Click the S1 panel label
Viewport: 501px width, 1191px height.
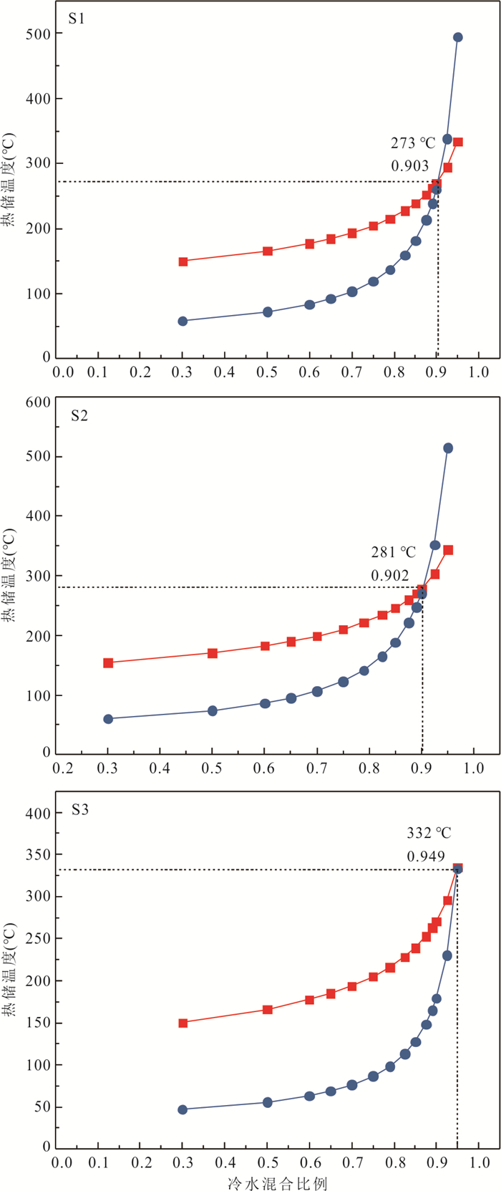(77, 19)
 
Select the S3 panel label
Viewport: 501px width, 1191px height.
(79, 811)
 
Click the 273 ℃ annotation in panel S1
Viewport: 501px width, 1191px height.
(413, 143)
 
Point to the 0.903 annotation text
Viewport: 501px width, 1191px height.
(409, 166)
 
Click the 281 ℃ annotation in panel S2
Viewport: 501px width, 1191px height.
(393, 552)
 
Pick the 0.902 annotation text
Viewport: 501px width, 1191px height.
(390, 575)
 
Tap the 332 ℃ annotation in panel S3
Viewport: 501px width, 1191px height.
(429, 833)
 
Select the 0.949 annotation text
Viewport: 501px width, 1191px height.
(426, 856)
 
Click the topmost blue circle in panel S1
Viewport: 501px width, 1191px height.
(458, 37)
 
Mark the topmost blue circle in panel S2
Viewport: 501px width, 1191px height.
(448, 448)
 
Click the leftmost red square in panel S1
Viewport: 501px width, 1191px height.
(183, 261)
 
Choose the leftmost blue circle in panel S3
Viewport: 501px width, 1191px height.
(183, 1109)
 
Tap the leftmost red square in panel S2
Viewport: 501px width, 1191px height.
(108, 663)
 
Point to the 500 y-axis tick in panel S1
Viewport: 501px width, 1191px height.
(40, 34)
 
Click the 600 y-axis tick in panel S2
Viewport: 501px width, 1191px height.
(40, 402)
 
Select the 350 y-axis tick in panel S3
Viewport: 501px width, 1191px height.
(40, 854)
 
